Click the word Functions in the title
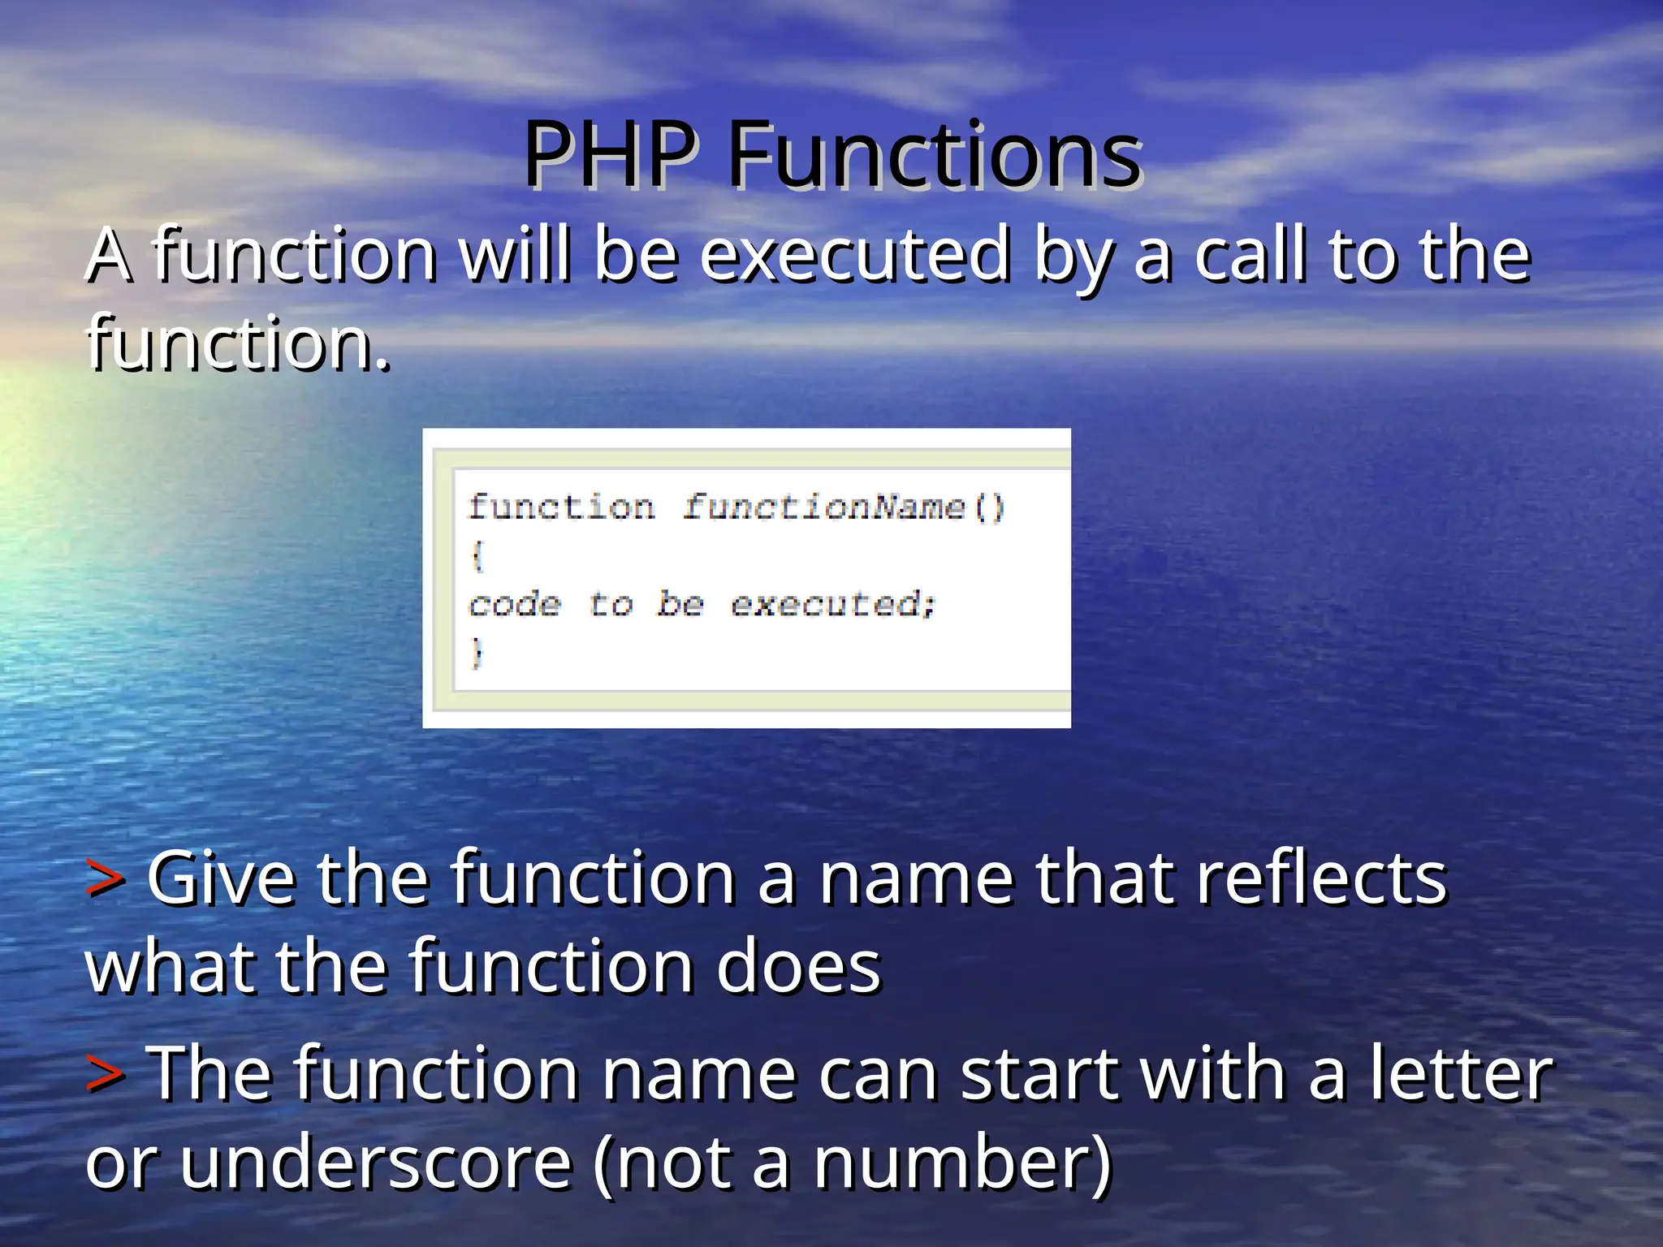click(x=935, y=154)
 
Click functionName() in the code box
click(x=843, y=508)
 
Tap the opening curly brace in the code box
click(x=477, y=556)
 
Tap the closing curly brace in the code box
click(x=477, y=653)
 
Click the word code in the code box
click(x=515, y=605)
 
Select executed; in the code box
click(x=833, y=605)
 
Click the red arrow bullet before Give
click(x=106, y=879)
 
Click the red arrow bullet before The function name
click(x=106, y=1073)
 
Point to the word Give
click(x=221, y=879)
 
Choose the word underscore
click(x=376, y=1163)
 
